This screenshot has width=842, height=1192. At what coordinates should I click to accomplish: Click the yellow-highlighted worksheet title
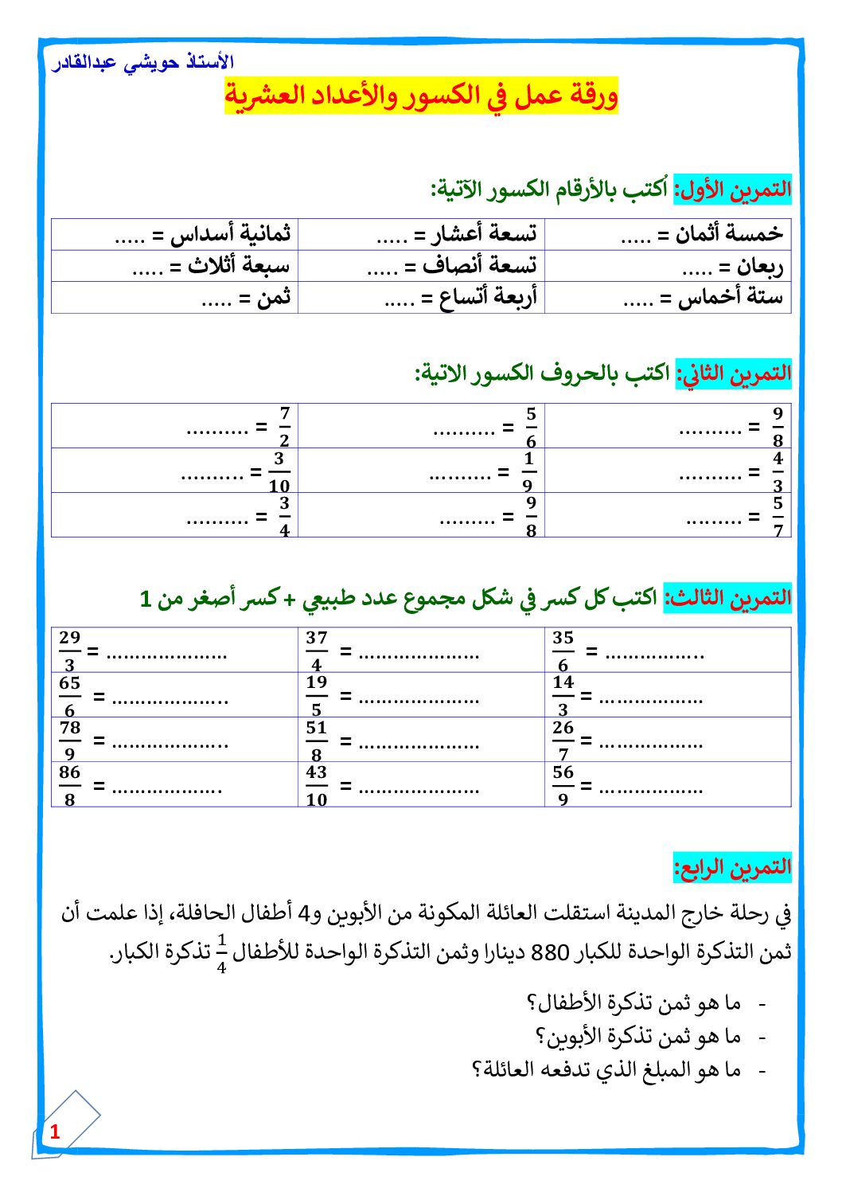421,96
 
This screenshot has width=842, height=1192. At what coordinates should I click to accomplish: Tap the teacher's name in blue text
143,62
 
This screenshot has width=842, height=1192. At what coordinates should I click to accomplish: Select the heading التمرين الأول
733,190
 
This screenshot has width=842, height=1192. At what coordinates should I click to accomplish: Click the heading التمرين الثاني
734,373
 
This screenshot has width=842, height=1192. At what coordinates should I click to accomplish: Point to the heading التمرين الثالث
728,598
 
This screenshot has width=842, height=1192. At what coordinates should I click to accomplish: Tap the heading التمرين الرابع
733,867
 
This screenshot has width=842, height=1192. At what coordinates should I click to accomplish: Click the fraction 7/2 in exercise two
285,427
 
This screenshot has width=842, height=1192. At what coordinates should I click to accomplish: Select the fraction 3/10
279,472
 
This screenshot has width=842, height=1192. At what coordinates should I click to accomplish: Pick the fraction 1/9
528,472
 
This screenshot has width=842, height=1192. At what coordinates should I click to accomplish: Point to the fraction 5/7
778,517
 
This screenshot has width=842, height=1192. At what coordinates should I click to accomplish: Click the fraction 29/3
70,651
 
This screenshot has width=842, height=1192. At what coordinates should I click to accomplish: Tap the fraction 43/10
317,786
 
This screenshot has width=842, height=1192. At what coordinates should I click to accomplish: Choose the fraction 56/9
563,786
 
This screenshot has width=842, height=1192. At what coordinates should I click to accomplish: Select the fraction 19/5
317,696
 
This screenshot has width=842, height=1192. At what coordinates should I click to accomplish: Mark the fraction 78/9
70,741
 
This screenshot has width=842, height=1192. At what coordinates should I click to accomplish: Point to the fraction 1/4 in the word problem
221,953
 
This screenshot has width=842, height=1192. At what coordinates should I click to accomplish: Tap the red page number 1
55,1131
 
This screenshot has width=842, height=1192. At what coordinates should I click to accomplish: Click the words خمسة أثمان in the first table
729,234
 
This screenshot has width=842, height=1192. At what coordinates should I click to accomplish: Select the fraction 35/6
563,651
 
